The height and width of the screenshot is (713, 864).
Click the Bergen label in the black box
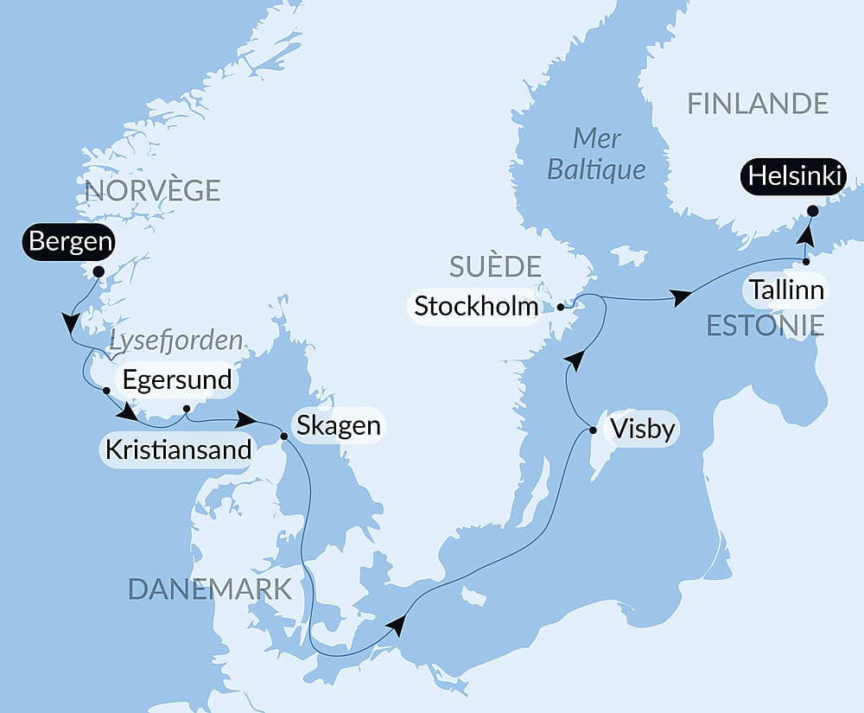pos(70,242)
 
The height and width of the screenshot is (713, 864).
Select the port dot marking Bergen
pos(98,271)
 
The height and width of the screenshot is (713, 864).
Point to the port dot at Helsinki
pos(812,210)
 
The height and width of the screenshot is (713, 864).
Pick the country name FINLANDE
pos(758,104)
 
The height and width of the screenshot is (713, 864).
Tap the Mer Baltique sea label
pos(596,153)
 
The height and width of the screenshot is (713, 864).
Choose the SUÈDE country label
pos(495,266)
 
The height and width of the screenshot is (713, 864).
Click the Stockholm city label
pos(476,306)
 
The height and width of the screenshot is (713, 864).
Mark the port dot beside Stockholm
pos(561,307)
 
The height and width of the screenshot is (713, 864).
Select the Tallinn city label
pos(786,290)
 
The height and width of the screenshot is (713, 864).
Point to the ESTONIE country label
pos(765,325)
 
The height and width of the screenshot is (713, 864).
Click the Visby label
pos(641,430)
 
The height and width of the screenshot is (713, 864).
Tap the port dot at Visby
pos(593,430)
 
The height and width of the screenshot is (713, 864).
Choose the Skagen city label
pos(338,425)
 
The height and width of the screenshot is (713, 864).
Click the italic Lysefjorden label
pos(176,341)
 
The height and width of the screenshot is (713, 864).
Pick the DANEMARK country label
pos(210,589)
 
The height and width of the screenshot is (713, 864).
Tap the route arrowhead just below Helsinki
pos(804,235)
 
